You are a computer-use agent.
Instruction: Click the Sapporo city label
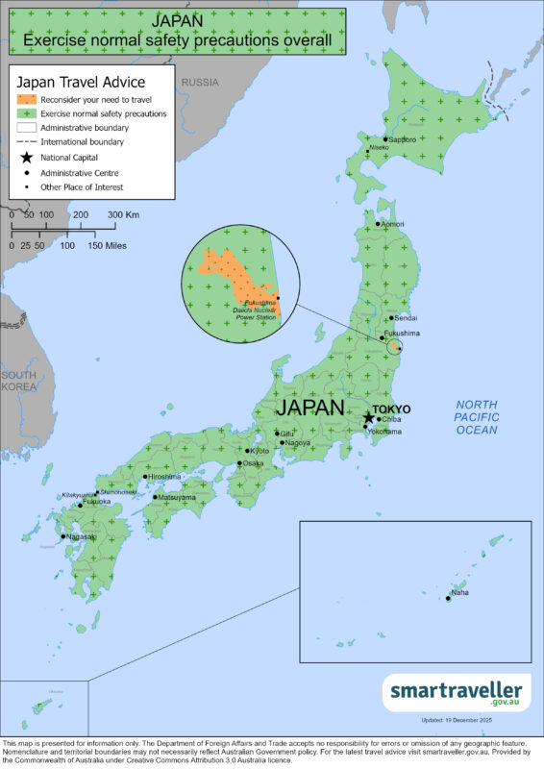pos(404,140)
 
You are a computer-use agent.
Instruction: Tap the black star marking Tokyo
pos(369,418)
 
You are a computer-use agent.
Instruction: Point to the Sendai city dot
pos(389,318)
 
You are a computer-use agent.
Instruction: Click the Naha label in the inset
pos(460,592)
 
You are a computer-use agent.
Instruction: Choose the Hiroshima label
pos(164,476)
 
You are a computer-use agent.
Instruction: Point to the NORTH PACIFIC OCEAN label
pos(477,418)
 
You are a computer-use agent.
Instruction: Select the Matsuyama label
pos(177,498)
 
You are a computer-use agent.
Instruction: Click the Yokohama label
pos(384,433)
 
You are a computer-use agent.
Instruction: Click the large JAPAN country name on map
pos(309,408)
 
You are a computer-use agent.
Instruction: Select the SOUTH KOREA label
pos(18,381)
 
